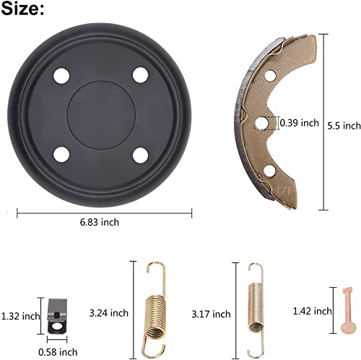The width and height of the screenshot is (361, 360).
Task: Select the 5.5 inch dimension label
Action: (342, 125)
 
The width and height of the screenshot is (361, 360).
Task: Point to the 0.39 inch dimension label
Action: (298, 123)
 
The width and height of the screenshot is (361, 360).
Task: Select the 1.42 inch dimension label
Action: (313, 311)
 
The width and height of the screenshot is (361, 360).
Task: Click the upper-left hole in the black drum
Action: (61, 76)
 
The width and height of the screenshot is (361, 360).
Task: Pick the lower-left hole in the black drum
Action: (61, 153)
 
